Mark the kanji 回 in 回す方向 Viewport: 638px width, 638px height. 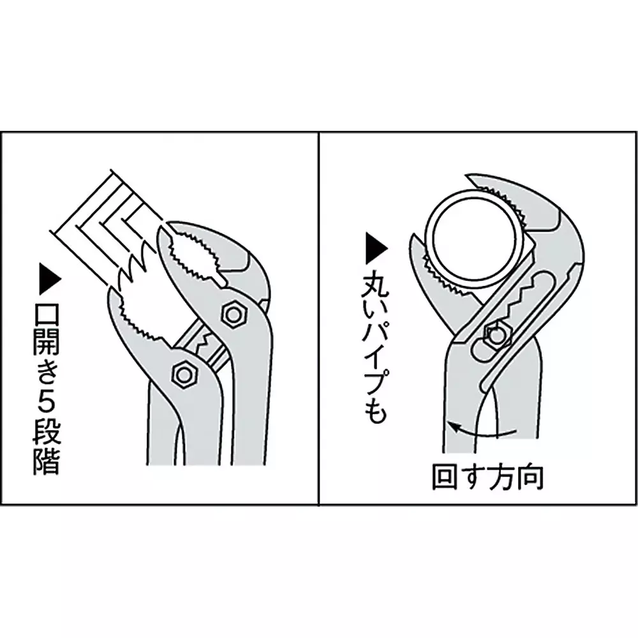445,477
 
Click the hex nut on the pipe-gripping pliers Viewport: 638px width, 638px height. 494,333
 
